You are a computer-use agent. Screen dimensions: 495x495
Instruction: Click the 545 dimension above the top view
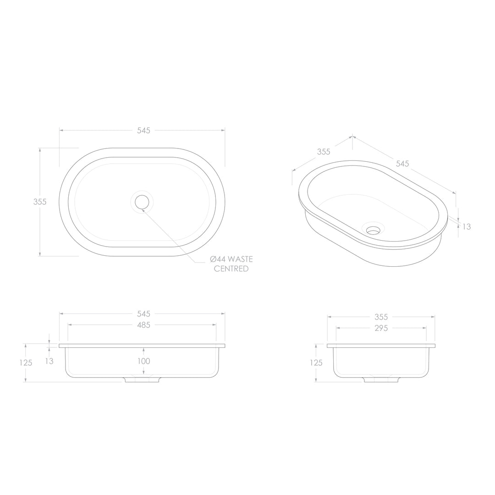[x=143, y=130]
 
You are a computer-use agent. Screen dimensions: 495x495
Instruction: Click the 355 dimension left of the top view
[x=40, y=201]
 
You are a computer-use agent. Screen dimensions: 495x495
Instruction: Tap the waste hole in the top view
[x=142, y=202]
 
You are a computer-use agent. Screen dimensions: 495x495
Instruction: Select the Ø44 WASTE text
[x=231, y=259]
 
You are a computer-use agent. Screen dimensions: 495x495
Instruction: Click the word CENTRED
[x=231, y=269]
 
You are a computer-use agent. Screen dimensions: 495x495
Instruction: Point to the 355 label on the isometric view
[x=324, y=152]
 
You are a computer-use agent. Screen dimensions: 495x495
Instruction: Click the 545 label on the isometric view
[x=402, y=164]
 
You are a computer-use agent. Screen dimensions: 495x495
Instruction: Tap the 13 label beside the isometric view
[x=467, y=226]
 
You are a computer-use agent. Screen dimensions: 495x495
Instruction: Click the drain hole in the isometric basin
[x=373, y=231]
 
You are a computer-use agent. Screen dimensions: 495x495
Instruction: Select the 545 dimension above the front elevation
[x=143, y=314]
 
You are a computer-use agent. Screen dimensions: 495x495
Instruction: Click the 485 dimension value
[x=143, y=325]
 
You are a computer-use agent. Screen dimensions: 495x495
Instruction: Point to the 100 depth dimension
[x=143, y=361]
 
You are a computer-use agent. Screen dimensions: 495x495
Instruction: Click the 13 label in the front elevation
[x=49, y=361]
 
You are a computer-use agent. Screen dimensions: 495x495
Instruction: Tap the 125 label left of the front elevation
[x=26, y=363]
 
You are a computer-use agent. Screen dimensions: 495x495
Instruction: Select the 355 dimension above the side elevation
[x=381, y=317]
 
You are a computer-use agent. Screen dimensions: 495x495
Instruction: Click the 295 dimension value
[x=381, y=328]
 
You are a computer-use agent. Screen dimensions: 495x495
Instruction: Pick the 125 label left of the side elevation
[x=316, y=363]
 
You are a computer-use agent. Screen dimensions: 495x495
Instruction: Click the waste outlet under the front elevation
[x=142, y=380]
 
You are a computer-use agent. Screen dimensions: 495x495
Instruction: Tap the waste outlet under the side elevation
[x=381, y=380]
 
